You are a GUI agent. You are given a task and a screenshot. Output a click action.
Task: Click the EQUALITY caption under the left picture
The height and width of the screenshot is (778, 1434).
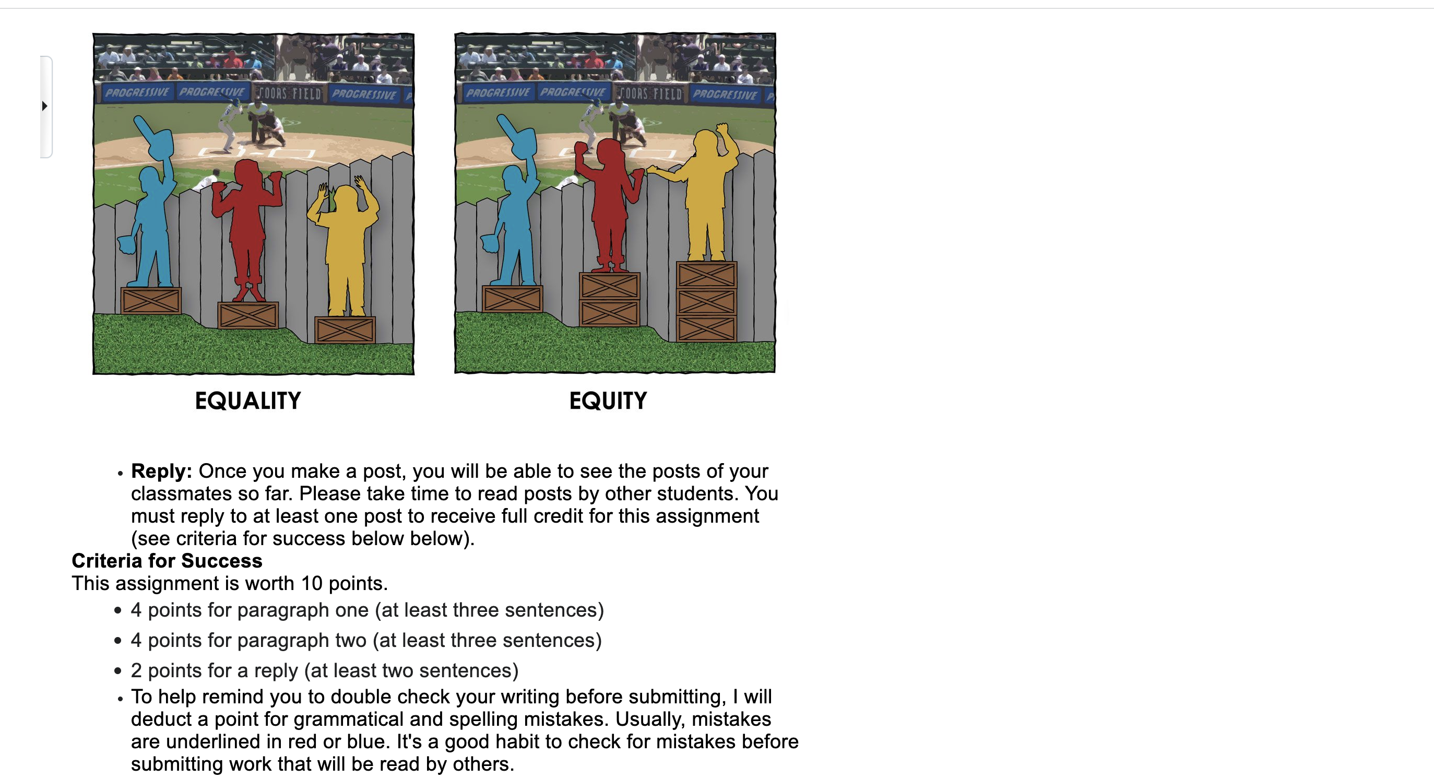point(248,401)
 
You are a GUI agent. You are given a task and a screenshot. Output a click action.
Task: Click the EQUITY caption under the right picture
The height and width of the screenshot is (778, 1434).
point(608,401)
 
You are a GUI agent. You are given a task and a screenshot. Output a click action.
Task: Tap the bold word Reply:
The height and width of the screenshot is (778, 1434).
point(161,471)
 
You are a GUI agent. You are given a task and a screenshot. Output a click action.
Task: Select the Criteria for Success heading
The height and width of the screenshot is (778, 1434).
point(167,561)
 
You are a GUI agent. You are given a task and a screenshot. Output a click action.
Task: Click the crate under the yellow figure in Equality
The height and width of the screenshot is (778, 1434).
point(345,329)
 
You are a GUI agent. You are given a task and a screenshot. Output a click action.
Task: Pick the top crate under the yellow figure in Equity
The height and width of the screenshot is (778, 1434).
point(706,275)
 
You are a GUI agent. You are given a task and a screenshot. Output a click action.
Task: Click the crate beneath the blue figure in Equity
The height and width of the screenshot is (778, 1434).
point(512,299)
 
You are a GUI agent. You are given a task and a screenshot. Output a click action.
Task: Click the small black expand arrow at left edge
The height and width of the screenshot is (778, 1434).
point(44,106)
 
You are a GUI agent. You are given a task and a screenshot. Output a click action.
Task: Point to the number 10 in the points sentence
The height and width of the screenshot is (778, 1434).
point(312,584)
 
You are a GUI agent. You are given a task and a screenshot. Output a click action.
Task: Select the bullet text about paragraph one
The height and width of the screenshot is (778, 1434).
point(368,610)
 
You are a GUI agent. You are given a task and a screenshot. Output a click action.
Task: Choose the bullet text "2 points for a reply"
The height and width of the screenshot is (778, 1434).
point(325,670)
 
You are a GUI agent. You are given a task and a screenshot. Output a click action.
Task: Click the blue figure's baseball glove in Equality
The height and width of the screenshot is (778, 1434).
point(126,244)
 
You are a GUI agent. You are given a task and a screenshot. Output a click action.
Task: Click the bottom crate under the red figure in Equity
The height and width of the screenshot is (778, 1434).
point(610,313)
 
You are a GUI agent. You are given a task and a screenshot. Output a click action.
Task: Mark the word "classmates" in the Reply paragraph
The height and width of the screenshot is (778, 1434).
point(176,494)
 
